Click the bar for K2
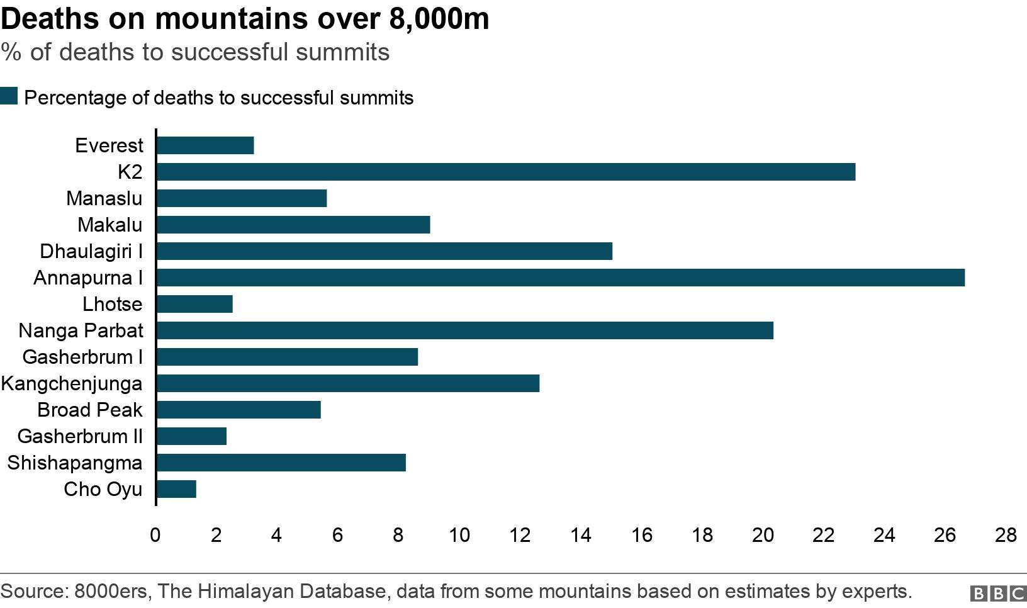[x=505, y=172]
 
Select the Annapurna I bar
[x=560, y=278]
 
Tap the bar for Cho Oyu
[x=176, y=489]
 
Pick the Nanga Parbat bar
[x=464, y=330]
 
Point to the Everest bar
[x=205, y=145]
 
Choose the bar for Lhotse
[x=194, y=304]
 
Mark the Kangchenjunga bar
[x=347, y=383]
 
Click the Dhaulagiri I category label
[x=91, y=251]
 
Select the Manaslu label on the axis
[x=104, y=198]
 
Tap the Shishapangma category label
[x=75, y=463]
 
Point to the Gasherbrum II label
[x=80, y=436]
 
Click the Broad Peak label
[x=90, y=410]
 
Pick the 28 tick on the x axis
[x=1006, y=535]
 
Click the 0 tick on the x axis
[x=155, y=535]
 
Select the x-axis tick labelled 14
[x=580, y=535]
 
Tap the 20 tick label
[x=763, y=535]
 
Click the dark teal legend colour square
[x=9, y=96]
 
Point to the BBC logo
[x=998, y=593]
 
